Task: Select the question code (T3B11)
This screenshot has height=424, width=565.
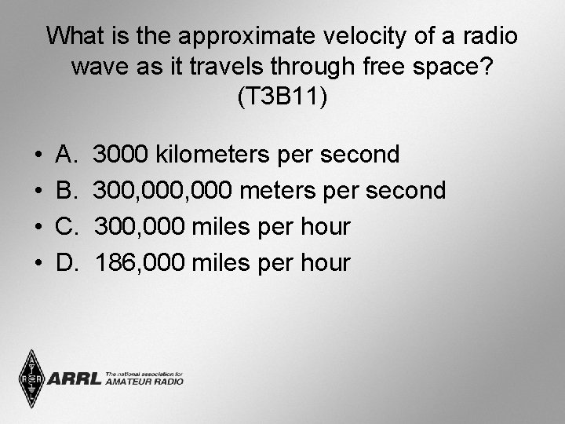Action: (x=282, y=97)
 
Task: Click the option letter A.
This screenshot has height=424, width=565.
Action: (x=67, y=154)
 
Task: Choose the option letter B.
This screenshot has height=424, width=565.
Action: (x=67, y=190)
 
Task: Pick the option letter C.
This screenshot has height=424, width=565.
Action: (x=67, y=226)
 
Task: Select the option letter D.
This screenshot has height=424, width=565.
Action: (x=67, y=262)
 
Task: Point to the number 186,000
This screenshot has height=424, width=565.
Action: (x=140, y=262)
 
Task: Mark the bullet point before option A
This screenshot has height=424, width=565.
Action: (x=38, y=155)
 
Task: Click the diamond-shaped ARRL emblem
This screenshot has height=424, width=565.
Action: (x=31, y=378)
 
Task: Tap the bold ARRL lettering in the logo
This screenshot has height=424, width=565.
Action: (x=75, y=379)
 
